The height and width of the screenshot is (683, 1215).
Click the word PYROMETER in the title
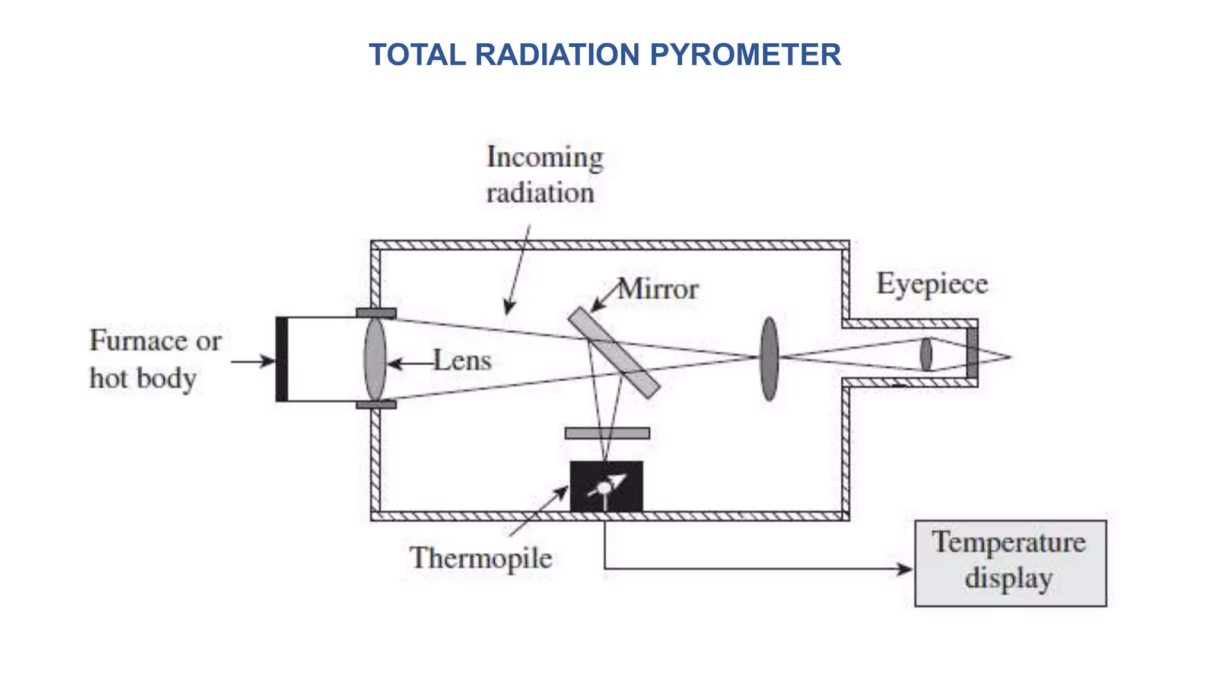pos(745,55)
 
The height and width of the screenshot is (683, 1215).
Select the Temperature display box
pos(1010,563)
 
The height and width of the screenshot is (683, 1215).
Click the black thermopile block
pos(606,486)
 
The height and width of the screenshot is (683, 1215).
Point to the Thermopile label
pos(481,558)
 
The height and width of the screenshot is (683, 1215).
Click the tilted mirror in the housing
pos(613,352)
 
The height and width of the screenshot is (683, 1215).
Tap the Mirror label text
pos(658,289)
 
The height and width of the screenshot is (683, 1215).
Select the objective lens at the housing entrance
pos(375,359)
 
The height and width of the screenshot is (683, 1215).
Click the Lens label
pos(462,360)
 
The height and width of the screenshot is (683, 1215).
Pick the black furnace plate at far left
pos(282,359)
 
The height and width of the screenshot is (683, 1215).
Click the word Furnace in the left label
pos(138,341)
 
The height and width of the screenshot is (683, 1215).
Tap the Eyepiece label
pos(932,283)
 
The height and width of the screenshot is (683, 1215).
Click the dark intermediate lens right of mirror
pos(769,358)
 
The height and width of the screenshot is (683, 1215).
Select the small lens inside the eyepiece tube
pos(925,355)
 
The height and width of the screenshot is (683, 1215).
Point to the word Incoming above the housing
pos(545,157)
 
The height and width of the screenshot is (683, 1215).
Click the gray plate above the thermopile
pos(607,433)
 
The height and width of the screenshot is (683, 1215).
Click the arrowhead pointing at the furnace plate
pos(268,360)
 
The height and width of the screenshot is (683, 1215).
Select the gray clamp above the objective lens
pos(376,312)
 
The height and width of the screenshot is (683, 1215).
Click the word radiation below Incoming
pos(540,193)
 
